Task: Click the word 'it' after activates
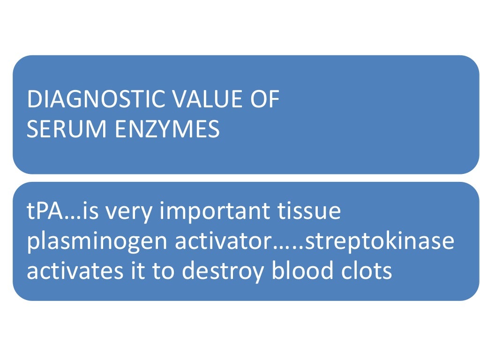121,271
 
